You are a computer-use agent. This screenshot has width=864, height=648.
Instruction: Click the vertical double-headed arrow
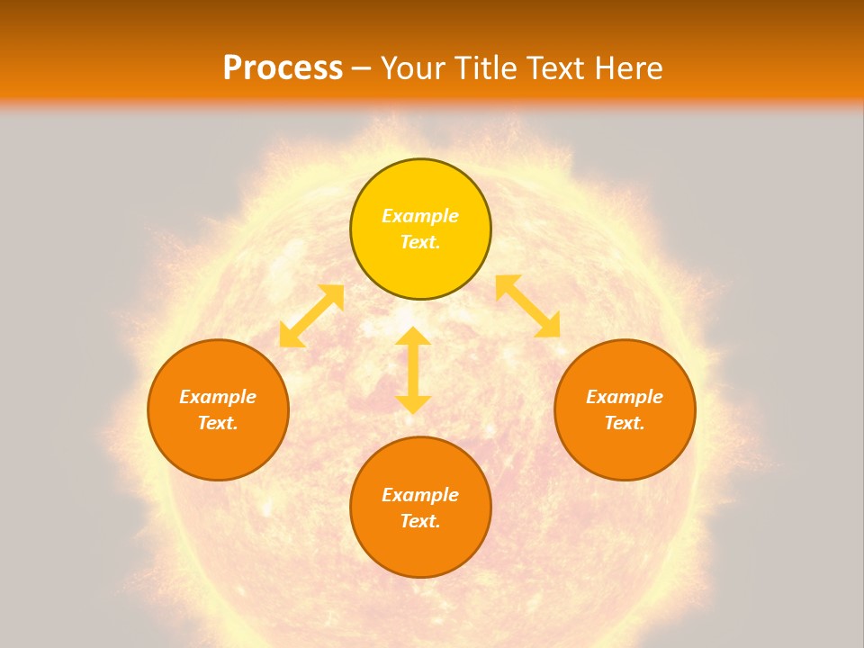(413, 370)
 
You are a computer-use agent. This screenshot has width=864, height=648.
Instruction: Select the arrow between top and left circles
(311, 316)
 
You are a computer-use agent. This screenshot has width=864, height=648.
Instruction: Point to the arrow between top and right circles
(528, 306)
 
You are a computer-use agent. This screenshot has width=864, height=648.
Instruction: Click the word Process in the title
(283, 67)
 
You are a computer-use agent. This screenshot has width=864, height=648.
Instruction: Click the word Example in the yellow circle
(420, 216)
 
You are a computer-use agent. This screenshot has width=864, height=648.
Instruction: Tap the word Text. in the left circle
(218, 423)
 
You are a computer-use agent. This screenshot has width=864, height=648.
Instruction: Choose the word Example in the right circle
(625, 397)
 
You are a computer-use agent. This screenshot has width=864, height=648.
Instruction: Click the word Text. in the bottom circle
(420, 521)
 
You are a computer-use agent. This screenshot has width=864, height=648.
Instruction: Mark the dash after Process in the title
(362, 68)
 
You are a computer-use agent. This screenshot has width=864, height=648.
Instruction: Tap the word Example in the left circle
(218, 397)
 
